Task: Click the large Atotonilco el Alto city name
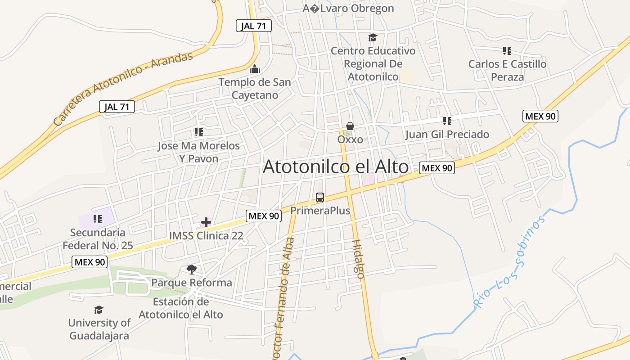pos(335,167)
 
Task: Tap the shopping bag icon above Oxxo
pos(350,127)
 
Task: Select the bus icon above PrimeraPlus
pos(320,198)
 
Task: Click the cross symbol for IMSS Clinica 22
pos(206,222)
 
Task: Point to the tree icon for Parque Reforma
pos(192,270)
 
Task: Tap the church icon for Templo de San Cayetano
pos(255,69)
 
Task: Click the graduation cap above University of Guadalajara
pos(99,310)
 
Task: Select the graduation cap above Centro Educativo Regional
pos(373,37)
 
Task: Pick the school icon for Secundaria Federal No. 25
pos(97,219)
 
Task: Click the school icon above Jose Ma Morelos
pos(198,132)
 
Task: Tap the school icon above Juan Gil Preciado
pos(447,121)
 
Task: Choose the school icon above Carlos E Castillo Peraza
pos(507,51)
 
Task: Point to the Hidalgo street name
pos(357,259)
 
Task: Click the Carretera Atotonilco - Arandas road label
pos(123,88)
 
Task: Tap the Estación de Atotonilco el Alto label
pos(181,308)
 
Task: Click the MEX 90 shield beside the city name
pos(436,168)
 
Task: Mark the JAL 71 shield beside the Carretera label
pos(117,107)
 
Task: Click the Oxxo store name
pos(350,139)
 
